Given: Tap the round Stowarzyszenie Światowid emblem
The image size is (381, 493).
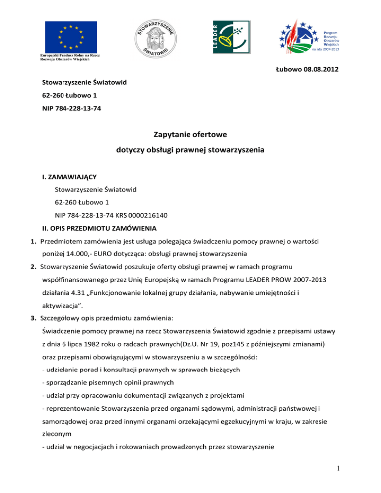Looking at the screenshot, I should pos(155,36).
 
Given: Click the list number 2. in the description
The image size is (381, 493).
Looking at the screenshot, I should pos(31,267).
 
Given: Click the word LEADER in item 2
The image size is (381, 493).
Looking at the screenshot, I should pos(271,280).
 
